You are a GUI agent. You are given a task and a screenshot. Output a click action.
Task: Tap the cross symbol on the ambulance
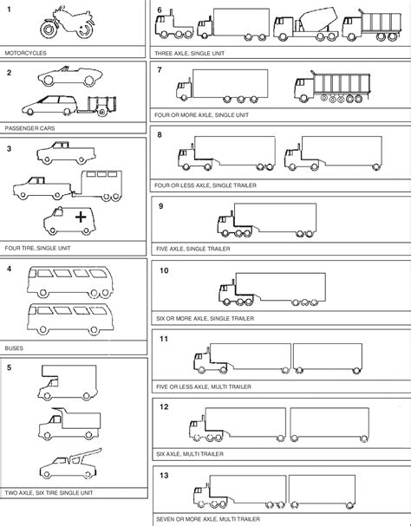[x=81, y=217]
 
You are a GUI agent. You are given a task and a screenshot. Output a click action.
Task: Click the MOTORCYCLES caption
[x=25, y=53]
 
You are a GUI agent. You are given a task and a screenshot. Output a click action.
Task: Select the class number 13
[x=164, y=475]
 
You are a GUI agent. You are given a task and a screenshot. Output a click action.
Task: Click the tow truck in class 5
[x=69, y=464]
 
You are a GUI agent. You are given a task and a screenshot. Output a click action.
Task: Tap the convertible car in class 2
[x=70, y=76]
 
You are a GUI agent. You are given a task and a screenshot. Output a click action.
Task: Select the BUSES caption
[x=14, y=348]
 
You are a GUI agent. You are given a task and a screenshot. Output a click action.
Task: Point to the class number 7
[x=160, y=70]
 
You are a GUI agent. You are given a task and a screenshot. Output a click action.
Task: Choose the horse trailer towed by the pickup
[x=97, y=185]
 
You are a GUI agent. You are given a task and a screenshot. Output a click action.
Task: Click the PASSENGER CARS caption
[x=29, y=128]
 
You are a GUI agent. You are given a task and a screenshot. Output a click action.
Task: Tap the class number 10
[x=164, y=270]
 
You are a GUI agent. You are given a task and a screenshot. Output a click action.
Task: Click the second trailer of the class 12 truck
[x=329, y=425]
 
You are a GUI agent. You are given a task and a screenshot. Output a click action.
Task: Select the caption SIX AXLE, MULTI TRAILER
[x=190, y=454]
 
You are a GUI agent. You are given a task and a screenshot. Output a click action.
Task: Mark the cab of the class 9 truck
[x=226, y=224]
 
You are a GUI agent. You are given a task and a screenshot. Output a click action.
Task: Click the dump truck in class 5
[x=69, y=424]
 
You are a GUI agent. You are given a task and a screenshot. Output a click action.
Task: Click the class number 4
[x=9, y=269]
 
